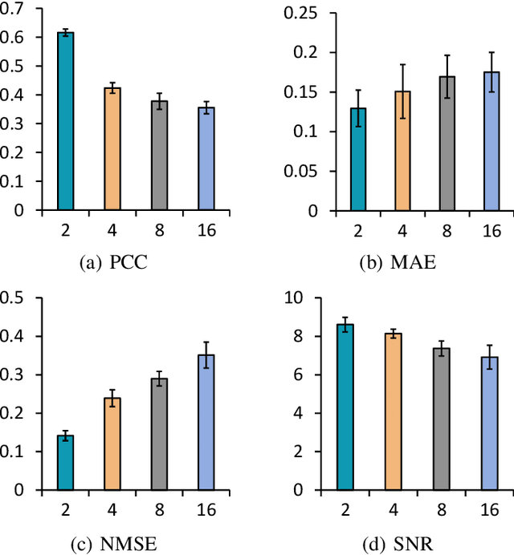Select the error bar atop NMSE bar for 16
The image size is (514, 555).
coord(206,354)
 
